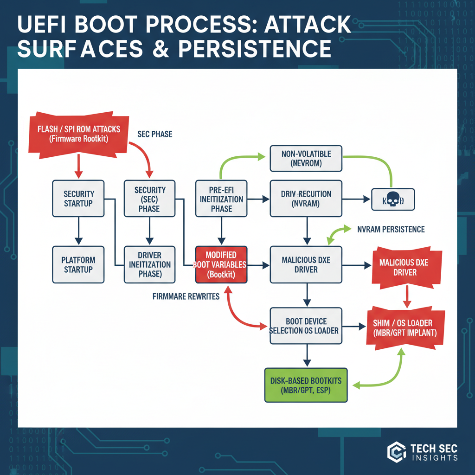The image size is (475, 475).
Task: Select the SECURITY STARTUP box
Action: (79, 199)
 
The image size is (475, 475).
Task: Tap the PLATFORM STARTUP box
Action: (79, 264)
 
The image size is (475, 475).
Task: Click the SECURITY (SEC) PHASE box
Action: (150, 199)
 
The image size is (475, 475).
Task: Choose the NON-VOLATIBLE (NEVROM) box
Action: (306, 158)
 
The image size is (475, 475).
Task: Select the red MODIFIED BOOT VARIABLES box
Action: (221, 264)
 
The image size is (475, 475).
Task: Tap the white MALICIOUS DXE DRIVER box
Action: (306, 264)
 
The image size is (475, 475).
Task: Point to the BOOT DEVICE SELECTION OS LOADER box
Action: (306, 326)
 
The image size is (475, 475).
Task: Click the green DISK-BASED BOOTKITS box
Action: (306, 385)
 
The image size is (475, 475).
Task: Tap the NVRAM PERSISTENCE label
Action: (391, 229)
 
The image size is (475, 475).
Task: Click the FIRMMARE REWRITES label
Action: (186, 296)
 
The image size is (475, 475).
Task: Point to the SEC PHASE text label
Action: (154, 134)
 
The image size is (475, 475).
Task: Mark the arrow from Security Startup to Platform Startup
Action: (79, 231)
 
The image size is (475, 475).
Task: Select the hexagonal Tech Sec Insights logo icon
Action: (397, 452)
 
